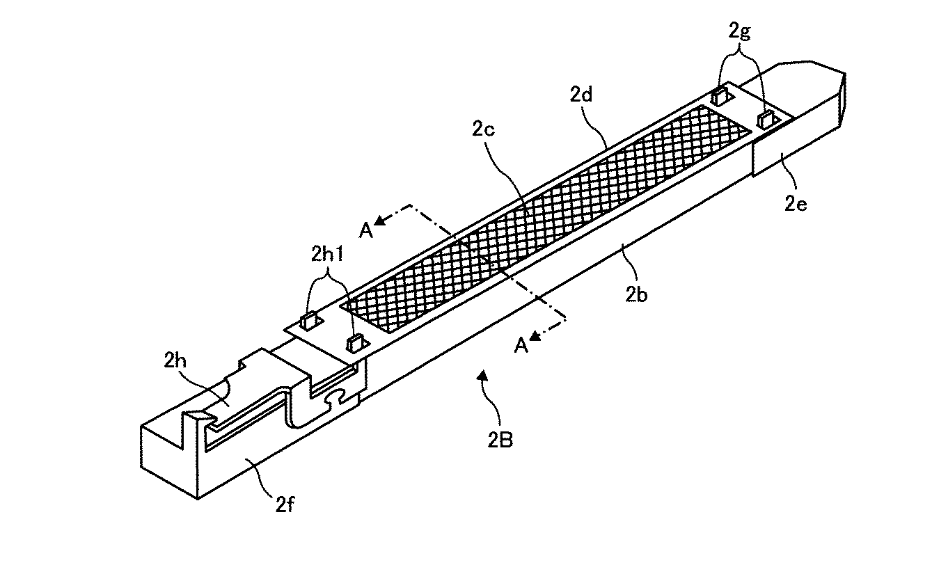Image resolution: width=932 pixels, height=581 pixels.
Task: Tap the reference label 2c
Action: point(483,129)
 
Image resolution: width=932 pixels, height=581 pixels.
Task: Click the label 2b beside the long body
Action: point(636,294)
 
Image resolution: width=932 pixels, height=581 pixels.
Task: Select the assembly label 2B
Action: point(500,440)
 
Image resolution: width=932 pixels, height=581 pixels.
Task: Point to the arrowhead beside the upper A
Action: point(381,221)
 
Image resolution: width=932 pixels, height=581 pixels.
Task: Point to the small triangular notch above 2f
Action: point(195,416)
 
